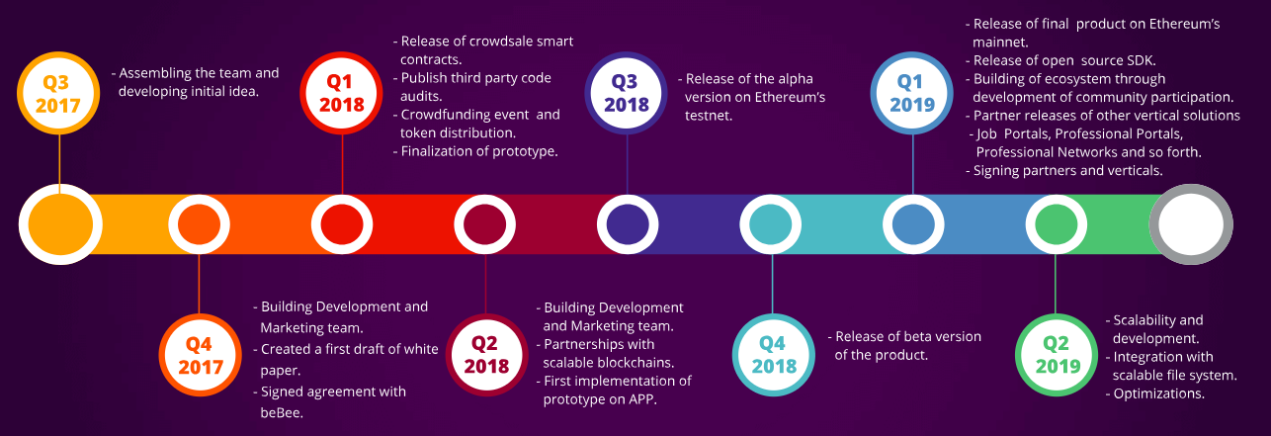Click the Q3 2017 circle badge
[x=58, y=93]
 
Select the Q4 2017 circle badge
[x=201, y=355]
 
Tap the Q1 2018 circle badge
[x=342, y=93]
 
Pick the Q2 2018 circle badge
[x=487, y=355]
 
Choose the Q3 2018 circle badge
[x=627, y=93]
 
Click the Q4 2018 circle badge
[x=774, y=355]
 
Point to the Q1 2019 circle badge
[x=912, y=93]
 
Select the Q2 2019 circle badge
[x=1057, y=355]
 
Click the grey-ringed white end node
[x=1191, y=224]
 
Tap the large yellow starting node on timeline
[x=60, y=224]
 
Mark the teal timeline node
[x=771, y=224]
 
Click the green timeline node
[x=1056, y=224]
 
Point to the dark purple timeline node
[x=628, y=224]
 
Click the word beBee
[x=282, y=412]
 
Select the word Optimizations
[x=1158, y=393]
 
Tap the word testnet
[x=708, y=116]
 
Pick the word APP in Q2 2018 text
[x=642, y=399]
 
